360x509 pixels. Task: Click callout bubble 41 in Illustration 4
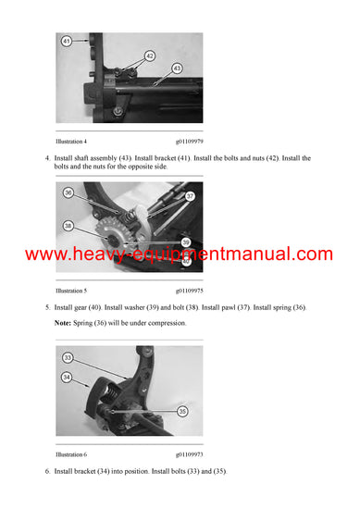67,42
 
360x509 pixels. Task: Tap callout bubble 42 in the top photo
149,57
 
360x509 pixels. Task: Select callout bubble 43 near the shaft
177,69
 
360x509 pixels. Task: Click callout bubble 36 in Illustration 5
68,192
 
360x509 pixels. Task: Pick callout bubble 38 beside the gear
68,225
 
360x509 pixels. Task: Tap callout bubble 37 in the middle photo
190,196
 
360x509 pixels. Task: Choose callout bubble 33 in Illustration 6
68,357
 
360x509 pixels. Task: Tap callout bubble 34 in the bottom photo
68,377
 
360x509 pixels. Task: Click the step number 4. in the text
47,158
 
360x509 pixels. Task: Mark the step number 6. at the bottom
47,472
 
